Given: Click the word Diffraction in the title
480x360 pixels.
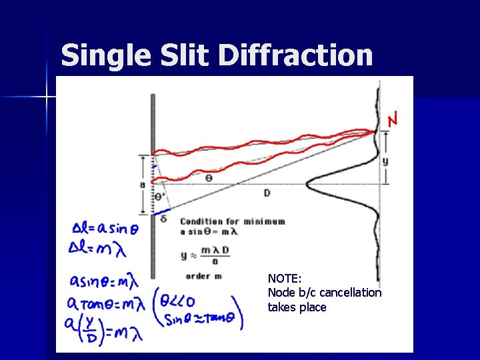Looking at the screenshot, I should [295, 55].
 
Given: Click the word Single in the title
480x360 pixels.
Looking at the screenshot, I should [102, 55].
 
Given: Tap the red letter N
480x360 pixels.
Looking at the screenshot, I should [394, 120].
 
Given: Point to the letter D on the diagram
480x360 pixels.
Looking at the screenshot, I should [267, 193].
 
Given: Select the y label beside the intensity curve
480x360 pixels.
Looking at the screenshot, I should [386, 161].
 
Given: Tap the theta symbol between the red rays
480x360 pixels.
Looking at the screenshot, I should [209, 179].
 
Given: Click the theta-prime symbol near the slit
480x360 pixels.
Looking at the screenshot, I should [159, 197].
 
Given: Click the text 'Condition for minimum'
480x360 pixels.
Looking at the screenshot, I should [232, 221].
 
